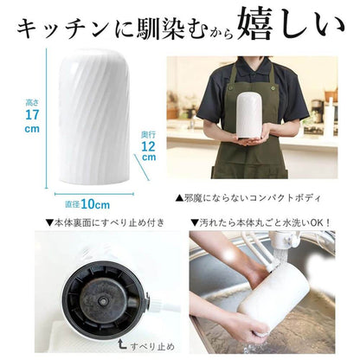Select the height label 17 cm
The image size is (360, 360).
(x=31, y=119)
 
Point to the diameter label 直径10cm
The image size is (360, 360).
(x=87, y=204)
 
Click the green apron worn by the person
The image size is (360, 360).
(x=251, y=160)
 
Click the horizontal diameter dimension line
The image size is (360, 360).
(x=86, y=194)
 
